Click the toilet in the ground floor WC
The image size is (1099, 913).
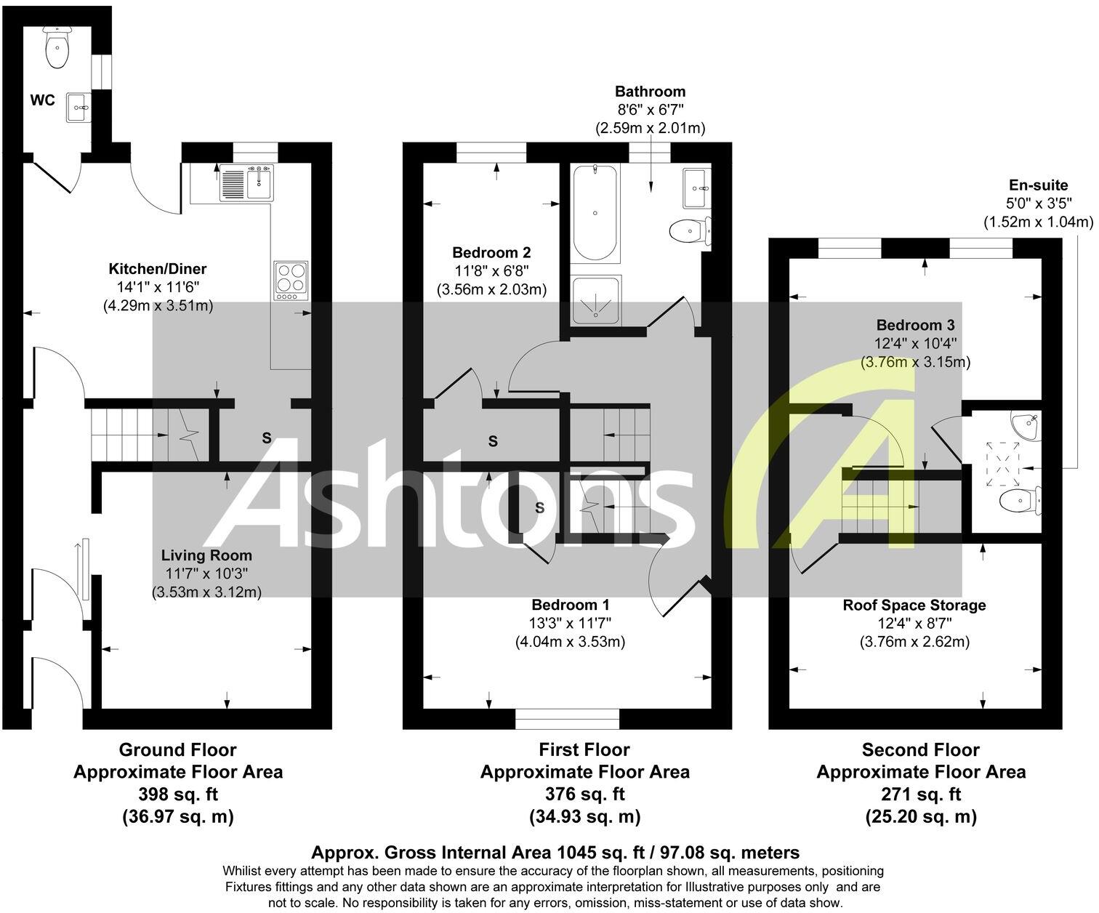(x=57, y=49)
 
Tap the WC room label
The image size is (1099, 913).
(x=42, y=100)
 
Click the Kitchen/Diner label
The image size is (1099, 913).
(x=158, y=269)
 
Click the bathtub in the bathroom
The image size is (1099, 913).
(x=595, y=212)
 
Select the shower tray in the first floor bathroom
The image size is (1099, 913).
(x=596, y=299)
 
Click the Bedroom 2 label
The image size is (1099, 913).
(x=491, y=253)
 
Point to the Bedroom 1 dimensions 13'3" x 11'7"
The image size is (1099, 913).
(x=571, y=623)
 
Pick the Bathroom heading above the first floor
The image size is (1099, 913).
(x=650, y=92)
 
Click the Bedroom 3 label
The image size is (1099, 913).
(x=915, y=325)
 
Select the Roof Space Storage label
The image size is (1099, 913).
(x=914, y=605)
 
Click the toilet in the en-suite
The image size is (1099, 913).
(x=1020, y=501)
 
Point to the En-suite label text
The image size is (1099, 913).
(x=1039, y=185)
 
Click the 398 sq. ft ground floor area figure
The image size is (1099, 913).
(x=178, y=794)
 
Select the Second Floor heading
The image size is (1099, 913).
(x=921, y=749)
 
